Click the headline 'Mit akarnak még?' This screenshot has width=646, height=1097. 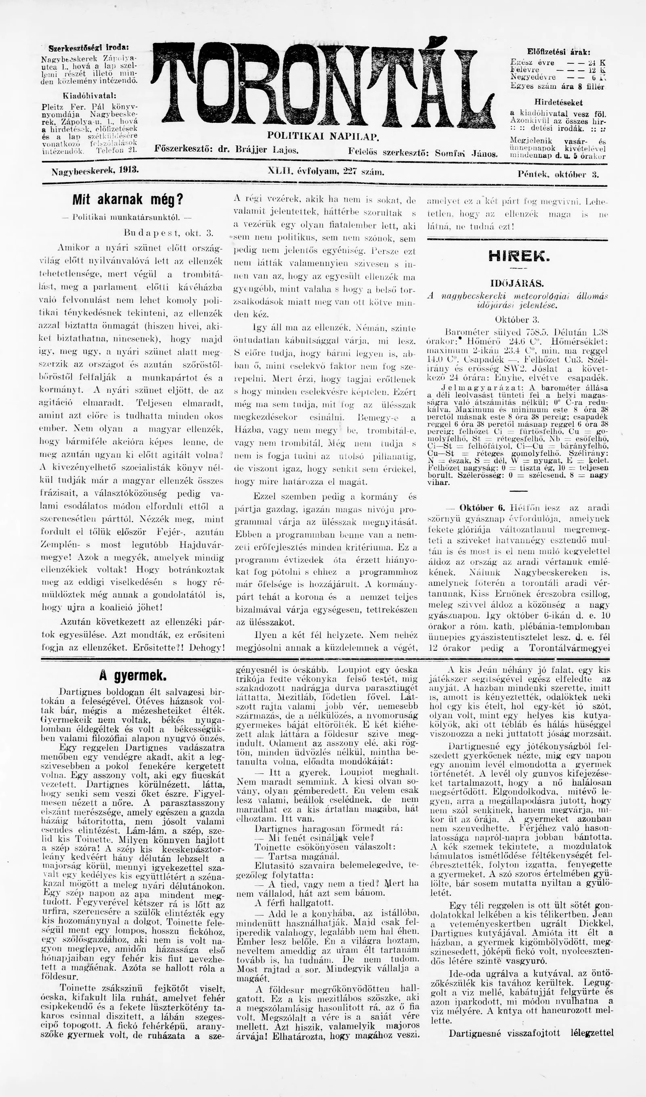128,200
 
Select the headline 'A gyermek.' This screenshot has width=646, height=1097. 132,675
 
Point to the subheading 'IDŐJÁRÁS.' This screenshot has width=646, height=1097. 518,283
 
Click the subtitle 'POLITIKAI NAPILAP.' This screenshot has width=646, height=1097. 323,136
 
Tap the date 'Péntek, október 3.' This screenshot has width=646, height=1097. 558,174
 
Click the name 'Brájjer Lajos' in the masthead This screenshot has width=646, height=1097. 266,150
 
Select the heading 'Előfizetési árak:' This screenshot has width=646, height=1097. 558,51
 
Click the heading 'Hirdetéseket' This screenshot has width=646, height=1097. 558,103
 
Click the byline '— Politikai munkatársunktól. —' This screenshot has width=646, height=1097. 128,216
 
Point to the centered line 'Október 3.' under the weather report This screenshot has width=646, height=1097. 517,319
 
